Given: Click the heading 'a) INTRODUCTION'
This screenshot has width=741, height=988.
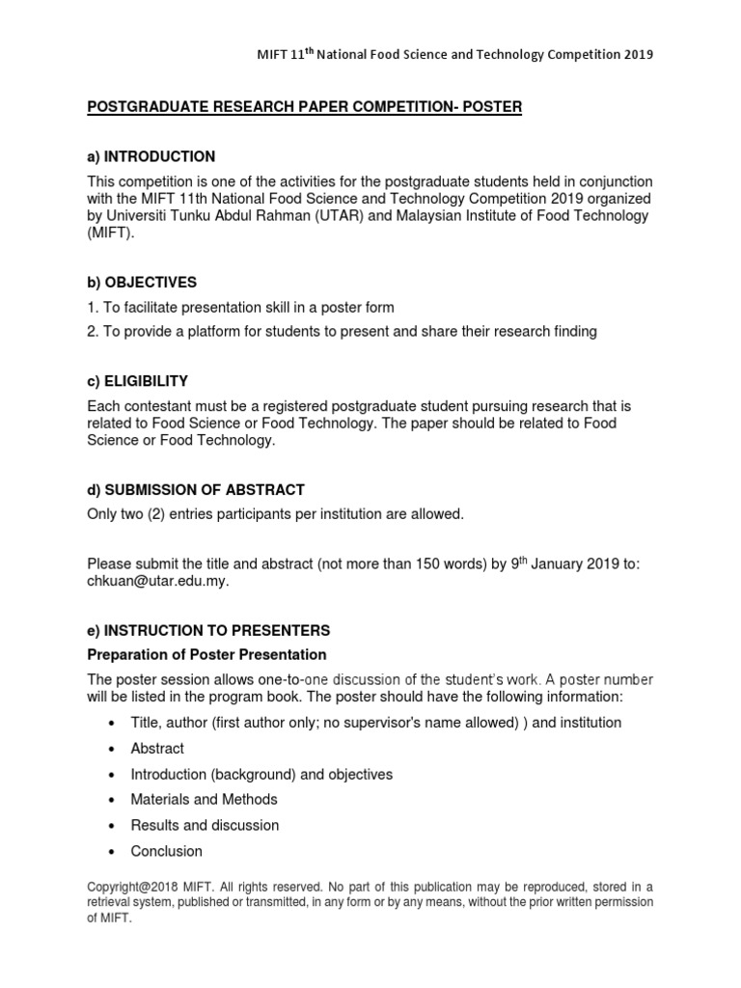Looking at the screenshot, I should [151, 156].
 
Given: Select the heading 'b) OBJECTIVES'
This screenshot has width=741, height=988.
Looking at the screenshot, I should [142, 283].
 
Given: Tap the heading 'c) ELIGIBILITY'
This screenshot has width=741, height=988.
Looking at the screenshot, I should [138, 381].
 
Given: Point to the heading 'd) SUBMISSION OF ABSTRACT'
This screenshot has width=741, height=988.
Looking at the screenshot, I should [196, 490].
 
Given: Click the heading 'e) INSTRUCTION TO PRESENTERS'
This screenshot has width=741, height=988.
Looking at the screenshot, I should [208, 630].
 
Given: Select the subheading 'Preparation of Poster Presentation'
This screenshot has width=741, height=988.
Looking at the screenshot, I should [206, 655].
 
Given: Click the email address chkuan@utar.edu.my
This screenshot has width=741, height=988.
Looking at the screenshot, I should [159, 581].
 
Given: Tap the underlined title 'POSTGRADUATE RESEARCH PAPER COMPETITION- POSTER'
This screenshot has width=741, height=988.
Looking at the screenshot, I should [305, 107].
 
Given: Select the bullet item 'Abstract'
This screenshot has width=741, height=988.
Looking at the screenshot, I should [157, 748].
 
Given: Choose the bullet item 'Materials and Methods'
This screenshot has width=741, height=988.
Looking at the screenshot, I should [204, 799].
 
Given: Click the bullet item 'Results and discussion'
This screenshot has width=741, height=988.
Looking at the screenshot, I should [205, 825].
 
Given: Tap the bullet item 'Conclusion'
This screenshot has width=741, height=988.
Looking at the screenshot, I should [166, 851].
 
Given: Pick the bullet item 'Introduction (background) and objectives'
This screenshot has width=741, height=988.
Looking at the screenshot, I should [261, 774].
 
